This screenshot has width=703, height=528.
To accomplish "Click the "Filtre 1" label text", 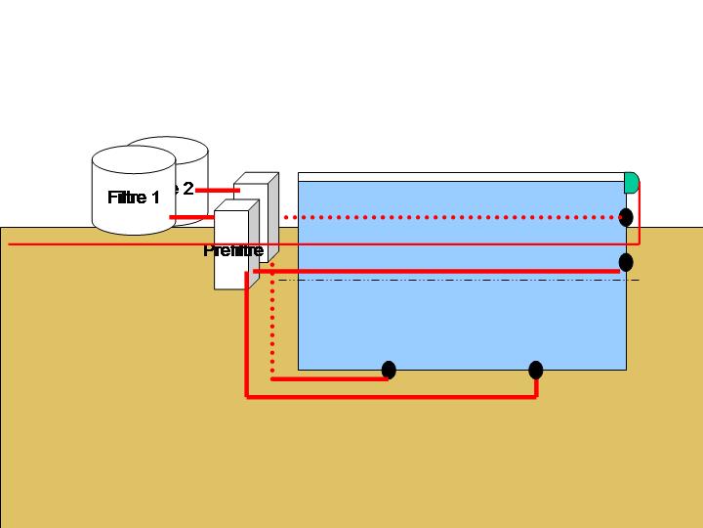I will point(134,198).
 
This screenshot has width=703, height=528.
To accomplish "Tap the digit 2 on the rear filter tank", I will point(188,189).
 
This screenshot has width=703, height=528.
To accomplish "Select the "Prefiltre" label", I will point(233,250).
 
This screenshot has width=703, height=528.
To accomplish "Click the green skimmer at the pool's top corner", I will point(631,182).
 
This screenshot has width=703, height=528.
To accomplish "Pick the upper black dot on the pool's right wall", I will point(626,217).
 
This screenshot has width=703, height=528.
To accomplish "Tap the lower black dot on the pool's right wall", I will point(626,262).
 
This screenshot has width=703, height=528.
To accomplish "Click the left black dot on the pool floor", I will point(389,370).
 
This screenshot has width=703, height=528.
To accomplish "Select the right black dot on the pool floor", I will point(535,370).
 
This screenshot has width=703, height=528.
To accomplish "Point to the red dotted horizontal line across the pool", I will point(449,217).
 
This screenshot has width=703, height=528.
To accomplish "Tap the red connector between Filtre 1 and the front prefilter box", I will point(192,217).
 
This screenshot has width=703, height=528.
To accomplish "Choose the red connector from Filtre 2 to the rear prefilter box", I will point(221,189).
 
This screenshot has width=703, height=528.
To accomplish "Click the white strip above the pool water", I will point(459,177).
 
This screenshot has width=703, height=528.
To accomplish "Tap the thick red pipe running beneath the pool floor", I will point(391,397).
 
